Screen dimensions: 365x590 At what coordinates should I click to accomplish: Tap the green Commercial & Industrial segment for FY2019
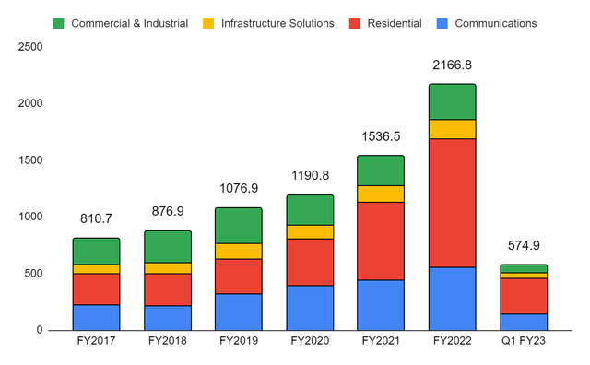[239, 225]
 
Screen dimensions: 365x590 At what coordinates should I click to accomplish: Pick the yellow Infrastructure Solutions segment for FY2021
[382, 194]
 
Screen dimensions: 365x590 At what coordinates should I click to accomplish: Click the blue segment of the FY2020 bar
[310, 307]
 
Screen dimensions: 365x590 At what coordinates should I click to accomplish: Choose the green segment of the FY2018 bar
[168, 246]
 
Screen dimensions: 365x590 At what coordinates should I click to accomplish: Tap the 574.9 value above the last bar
[524, 246]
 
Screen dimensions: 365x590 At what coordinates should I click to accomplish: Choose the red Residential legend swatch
[355, 23]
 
